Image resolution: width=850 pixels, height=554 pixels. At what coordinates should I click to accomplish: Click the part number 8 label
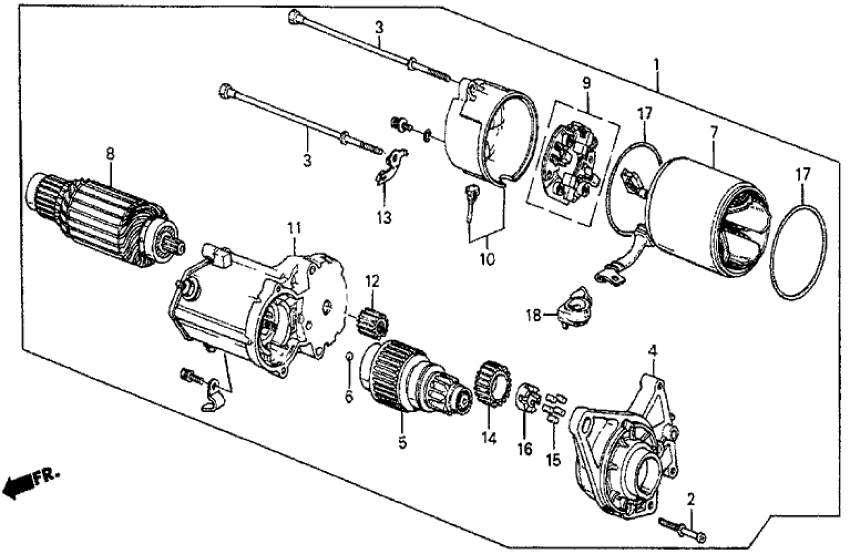coord(109,153)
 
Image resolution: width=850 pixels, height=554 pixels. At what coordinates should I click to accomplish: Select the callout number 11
coord(294,228)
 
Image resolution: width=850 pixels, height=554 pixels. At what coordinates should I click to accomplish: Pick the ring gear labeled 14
coord(486,386)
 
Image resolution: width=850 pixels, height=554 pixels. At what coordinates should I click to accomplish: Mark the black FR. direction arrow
coord(20,487)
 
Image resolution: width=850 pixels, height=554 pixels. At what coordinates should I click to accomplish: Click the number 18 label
coord(535,316)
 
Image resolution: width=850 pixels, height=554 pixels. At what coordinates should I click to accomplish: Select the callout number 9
coord(587,83)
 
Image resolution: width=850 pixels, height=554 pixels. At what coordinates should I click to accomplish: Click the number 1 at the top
coord(655,65)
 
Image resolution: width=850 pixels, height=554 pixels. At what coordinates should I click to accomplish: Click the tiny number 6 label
coord(349,397)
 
